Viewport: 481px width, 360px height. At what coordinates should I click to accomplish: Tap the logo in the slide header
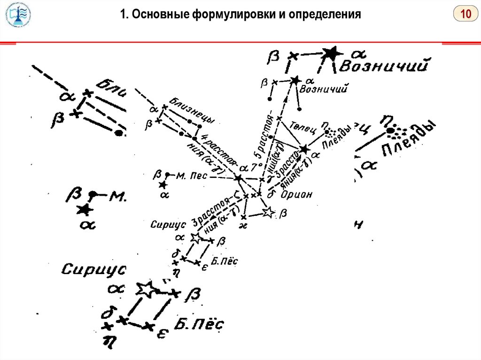click(x=18, y=15)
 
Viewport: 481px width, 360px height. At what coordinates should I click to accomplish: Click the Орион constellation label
click(x=297, y=194)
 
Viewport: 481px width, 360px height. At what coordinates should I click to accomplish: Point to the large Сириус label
click(x=94, y=269)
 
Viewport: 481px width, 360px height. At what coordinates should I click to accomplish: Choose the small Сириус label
click(x=166, y=224)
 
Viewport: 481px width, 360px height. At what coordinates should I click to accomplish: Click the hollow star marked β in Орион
click(x=268, y=213)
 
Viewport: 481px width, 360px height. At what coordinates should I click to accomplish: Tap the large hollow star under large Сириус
click(x=146, y=290)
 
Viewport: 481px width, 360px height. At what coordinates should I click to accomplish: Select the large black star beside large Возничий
click(x=332, y=53)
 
